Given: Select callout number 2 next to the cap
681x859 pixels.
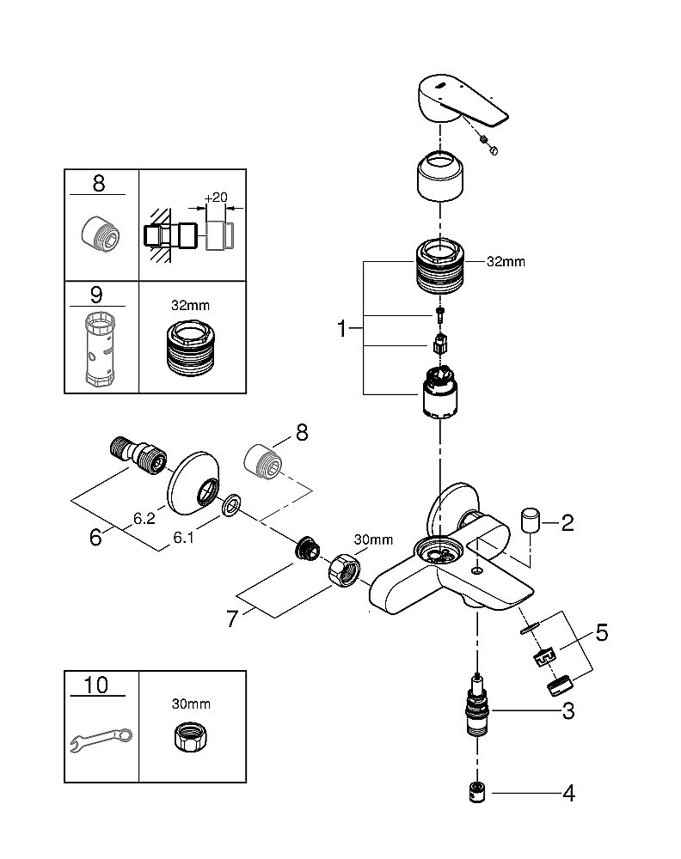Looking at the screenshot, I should click(567, 522).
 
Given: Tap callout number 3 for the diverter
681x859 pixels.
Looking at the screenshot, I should click(567, 710).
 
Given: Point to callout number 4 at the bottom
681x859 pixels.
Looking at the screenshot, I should click(567, 793).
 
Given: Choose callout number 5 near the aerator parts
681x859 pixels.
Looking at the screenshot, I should click(601, 634).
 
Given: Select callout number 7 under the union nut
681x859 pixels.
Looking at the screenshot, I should click(231, 618).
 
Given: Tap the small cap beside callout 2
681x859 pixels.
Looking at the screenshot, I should click(531, 521).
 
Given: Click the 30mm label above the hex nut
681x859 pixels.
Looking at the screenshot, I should click(373, 540).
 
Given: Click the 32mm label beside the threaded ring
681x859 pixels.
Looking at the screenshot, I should click(506, 262).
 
